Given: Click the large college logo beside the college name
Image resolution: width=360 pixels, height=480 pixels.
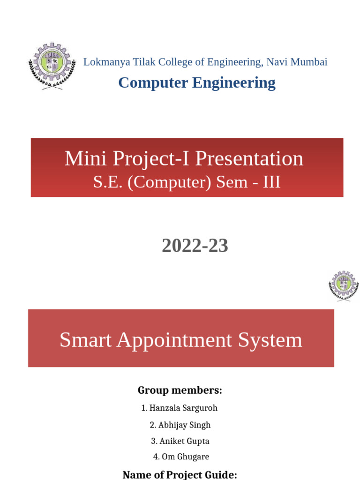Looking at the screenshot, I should click(51, 66).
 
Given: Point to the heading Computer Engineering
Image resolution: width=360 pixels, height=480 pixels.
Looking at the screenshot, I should click(197, 82).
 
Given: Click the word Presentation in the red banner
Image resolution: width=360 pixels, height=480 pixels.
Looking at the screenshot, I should click(249, 159).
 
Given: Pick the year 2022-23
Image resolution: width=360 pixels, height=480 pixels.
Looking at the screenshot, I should click(195, 246).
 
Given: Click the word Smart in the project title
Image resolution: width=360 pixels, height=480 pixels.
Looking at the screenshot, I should click(85, 340).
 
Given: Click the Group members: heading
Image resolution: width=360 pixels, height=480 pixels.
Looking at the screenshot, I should click(180, 390).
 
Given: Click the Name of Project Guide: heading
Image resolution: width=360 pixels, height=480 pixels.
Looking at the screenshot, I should click(180, 474).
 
